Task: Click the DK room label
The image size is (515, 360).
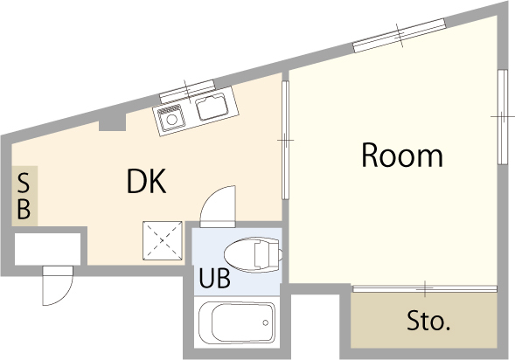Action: click(146, 181)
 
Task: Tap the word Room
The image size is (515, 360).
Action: click(402, 156)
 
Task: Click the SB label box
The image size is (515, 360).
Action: click(24, 197)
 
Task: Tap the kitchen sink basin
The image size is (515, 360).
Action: click(212, 108)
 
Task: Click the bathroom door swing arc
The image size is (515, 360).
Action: click(216, 203)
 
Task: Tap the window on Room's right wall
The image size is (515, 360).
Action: click(502, 116)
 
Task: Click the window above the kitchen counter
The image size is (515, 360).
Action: click(187, 88)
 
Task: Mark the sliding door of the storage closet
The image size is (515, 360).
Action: click(425, 287)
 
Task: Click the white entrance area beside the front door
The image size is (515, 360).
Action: click(48, 250)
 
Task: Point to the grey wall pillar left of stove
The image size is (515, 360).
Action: click(111, 121)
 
